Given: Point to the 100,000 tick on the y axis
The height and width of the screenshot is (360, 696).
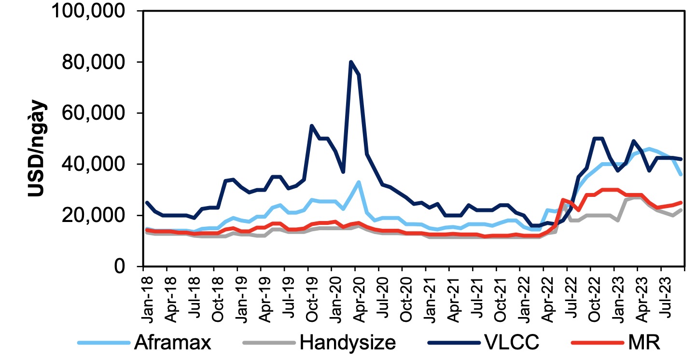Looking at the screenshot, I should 84,11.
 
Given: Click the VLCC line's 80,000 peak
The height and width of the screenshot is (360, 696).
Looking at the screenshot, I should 351,62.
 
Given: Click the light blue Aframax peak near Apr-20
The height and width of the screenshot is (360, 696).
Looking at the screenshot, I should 359,182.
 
